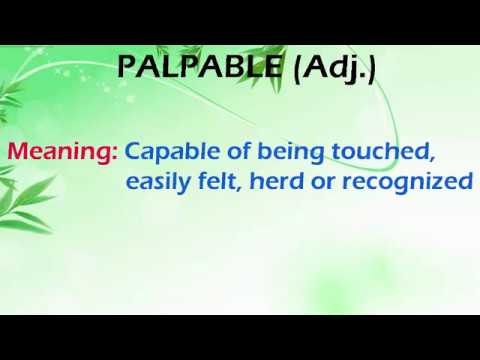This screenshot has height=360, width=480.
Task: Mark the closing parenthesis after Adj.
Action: pos(372,69)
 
